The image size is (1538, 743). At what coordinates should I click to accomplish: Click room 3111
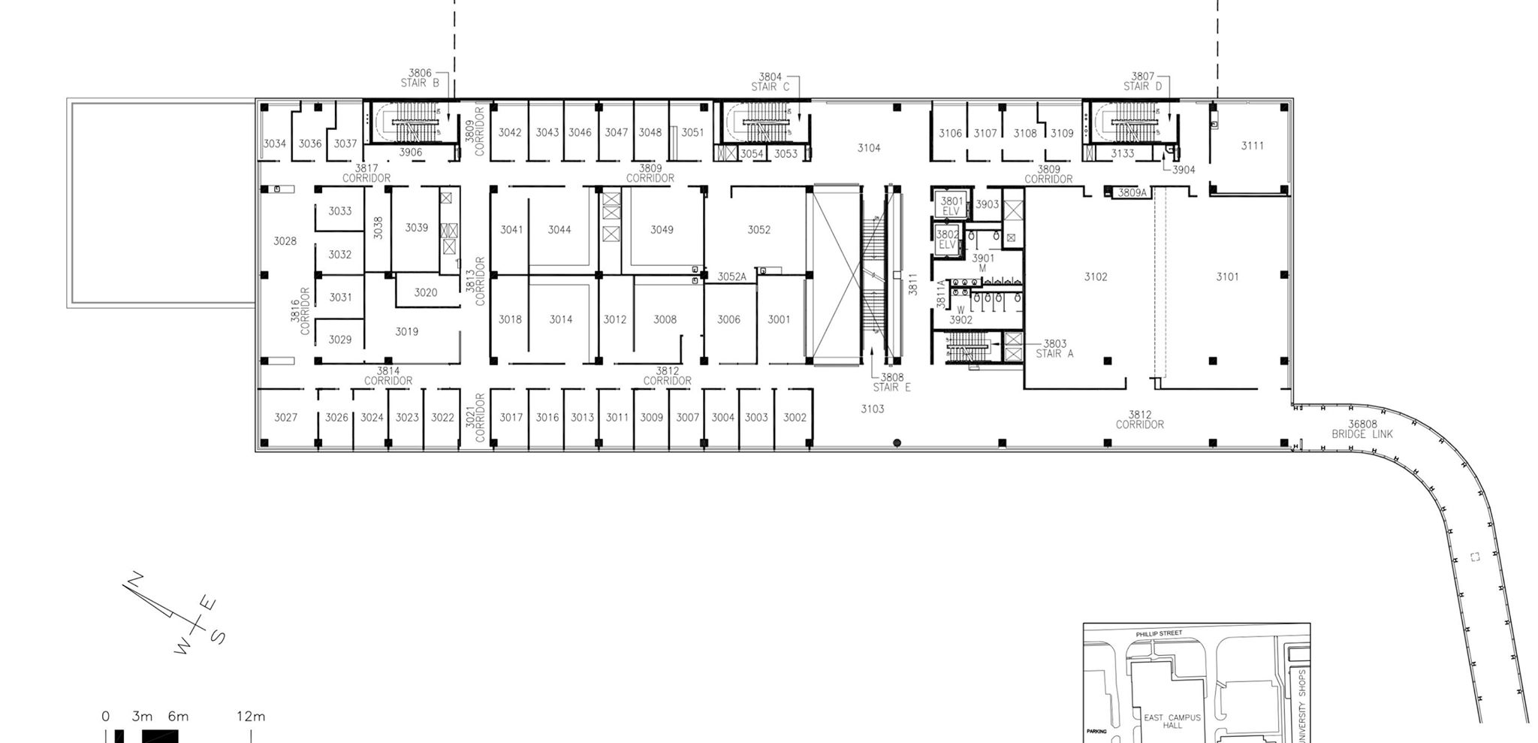tap(1252, 146)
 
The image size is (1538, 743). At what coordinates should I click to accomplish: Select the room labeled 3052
tap(758, 230)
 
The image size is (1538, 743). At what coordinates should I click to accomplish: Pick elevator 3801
tap(951, 206)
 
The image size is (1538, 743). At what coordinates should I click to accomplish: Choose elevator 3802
tap(947, 240)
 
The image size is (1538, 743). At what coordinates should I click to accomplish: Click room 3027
tap(285, 418)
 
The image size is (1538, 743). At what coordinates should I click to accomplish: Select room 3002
tap(795, 418)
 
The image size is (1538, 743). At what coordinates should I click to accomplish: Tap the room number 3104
tap(869, 148)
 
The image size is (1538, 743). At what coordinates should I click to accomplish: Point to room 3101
tap(1227, 277)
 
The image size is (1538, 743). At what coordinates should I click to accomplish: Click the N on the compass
tap(136, 580)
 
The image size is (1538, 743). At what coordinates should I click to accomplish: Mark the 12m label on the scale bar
tap(251, 716)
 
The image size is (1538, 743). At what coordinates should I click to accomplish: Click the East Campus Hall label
tap(1172, 721)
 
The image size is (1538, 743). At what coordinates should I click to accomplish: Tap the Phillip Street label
tap(1159, 633)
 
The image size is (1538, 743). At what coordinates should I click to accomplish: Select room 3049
tap(662, 230)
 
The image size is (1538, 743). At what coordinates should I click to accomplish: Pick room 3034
tap(274, 143)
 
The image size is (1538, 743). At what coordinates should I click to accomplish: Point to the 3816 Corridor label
tap(300, 311)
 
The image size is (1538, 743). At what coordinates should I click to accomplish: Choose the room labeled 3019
tap(406, 331)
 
